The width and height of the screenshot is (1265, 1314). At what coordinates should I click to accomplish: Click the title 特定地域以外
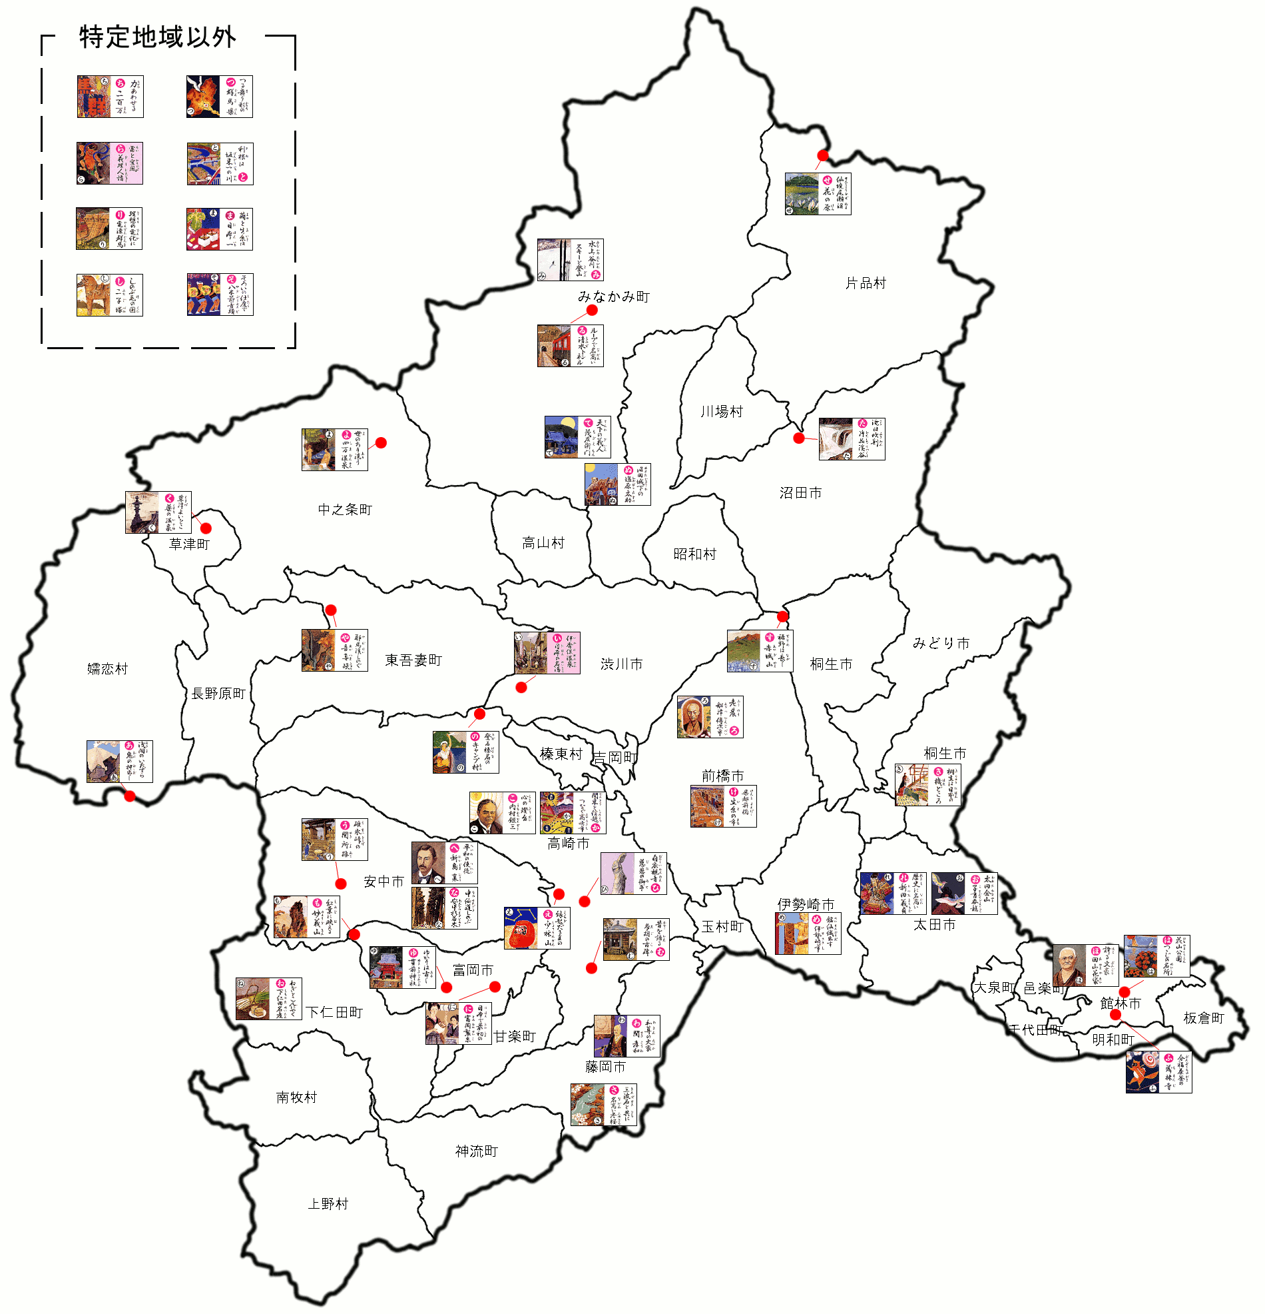(157, 37)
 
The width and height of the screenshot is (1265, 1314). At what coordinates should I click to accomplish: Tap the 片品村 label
(866, 283)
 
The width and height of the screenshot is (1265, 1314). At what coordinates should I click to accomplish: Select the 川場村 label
(722, 412)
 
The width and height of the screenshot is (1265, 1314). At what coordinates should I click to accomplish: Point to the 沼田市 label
(801, 493)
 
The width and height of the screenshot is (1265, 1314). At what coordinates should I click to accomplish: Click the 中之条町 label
(344, 510)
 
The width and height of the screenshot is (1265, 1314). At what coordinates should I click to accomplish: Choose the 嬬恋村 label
(107, 668)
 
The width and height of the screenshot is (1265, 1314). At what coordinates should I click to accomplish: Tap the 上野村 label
(328, 1203)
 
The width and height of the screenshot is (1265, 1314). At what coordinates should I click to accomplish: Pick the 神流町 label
(477, 1151)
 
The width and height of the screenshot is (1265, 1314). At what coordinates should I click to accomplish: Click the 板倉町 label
(1203, 1017)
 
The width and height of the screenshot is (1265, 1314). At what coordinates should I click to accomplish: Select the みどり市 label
(941, 643)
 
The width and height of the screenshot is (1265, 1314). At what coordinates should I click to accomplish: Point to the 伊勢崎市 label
(806, 904)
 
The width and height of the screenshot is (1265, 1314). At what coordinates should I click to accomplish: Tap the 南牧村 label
(296, 1097)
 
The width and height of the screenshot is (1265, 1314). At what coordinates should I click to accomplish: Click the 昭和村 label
(695, 554)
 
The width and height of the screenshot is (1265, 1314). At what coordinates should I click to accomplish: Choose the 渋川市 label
(622, 664)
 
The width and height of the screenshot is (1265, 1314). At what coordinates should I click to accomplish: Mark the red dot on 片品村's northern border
(823, 155)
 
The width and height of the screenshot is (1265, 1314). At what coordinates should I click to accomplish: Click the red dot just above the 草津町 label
(206, 528)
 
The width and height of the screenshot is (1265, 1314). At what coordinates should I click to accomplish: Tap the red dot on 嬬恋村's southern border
(130, 796)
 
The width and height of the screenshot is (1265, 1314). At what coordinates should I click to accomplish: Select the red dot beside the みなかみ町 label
(593, 311)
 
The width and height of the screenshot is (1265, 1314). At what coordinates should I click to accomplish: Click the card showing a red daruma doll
(537, 928)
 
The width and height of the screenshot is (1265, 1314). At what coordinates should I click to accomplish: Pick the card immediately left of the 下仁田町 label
(269, 998)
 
